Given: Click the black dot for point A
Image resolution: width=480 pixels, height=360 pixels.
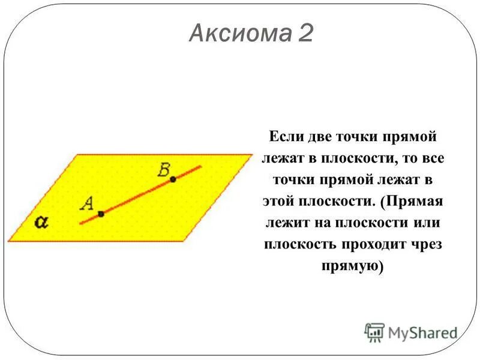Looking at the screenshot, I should tap(101, 214).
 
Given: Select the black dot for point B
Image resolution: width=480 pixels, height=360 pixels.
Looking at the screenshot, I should tap(173, 179).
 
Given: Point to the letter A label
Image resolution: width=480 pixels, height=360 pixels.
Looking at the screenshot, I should tap(86, 203).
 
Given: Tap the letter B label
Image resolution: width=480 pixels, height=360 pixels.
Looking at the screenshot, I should tap(164, 170).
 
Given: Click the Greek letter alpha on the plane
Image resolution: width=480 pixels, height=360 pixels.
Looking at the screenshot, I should tap(41, 222).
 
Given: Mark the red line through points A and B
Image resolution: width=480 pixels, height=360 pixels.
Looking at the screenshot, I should tap(138, 196).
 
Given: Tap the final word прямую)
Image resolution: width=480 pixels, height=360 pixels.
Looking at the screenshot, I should tap(352, 266).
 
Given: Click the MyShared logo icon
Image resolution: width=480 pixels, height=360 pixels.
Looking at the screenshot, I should tap(375, 332).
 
